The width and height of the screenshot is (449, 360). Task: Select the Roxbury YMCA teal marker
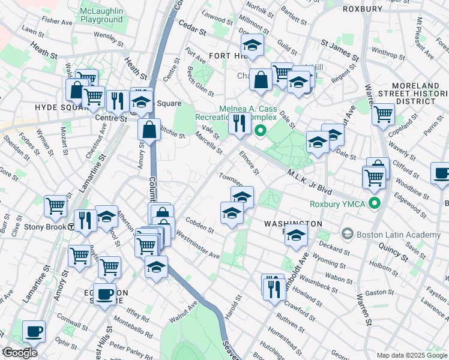click(x=375, y=203)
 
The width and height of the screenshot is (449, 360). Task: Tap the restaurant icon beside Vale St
click(x=240, y=123)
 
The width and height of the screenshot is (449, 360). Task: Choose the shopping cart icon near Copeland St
click(x=383, y=112)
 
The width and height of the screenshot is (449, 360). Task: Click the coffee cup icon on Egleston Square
click(x=104, y=294)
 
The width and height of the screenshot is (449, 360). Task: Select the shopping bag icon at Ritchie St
click(x=148, y=128)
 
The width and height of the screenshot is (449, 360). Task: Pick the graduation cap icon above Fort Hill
click(x=253, y=44)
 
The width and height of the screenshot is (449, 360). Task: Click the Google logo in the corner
click(x=20, y=353)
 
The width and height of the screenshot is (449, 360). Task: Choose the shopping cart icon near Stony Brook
click(x=55, y=205)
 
